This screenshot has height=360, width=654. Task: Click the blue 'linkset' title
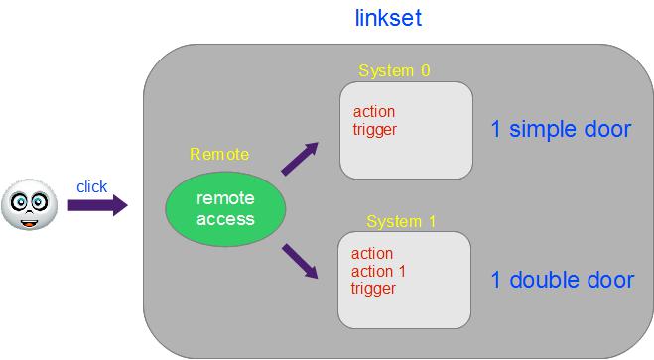click(388, 18)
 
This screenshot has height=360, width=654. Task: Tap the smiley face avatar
click(29, 204)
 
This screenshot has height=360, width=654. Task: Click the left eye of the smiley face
click(19, 202)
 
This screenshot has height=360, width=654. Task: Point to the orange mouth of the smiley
click(29, 224)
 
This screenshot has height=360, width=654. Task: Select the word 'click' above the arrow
click(91, 187)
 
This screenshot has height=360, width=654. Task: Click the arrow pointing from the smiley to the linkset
click(97, 205)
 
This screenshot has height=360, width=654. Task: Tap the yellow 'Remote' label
click(219, 154)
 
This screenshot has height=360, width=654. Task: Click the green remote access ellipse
click(225, 208)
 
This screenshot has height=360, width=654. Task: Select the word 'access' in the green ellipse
click(225, 219)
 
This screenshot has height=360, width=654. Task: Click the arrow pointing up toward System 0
click(300, 159)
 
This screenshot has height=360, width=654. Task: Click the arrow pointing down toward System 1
click(300, 261)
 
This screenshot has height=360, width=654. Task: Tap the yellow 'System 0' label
click(394, 70)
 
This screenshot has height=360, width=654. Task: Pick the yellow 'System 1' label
click(401, 222)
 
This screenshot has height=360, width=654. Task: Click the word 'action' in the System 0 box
click(374, 112)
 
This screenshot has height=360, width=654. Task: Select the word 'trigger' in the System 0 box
click(374, 130)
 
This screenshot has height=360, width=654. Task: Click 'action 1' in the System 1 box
click(378, 272)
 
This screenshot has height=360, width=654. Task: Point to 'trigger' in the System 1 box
click(373, 289)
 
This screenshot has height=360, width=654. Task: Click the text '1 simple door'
click(561, 130)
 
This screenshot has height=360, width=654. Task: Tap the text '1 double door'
click(563, 280)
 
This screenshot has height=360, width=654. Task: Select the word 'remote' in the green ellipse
click(225, 198)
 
